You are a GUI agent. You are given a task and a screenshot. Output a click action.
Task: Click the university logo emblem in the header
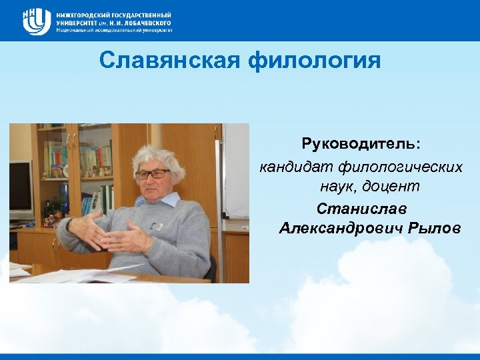click(37, 21)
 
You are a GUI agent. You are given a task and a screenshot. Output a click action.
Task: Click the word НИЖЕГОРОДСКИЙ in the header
click(84, 14)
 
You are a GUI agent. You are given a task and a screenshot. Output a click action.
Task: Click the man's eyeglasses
click(152, 174)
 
